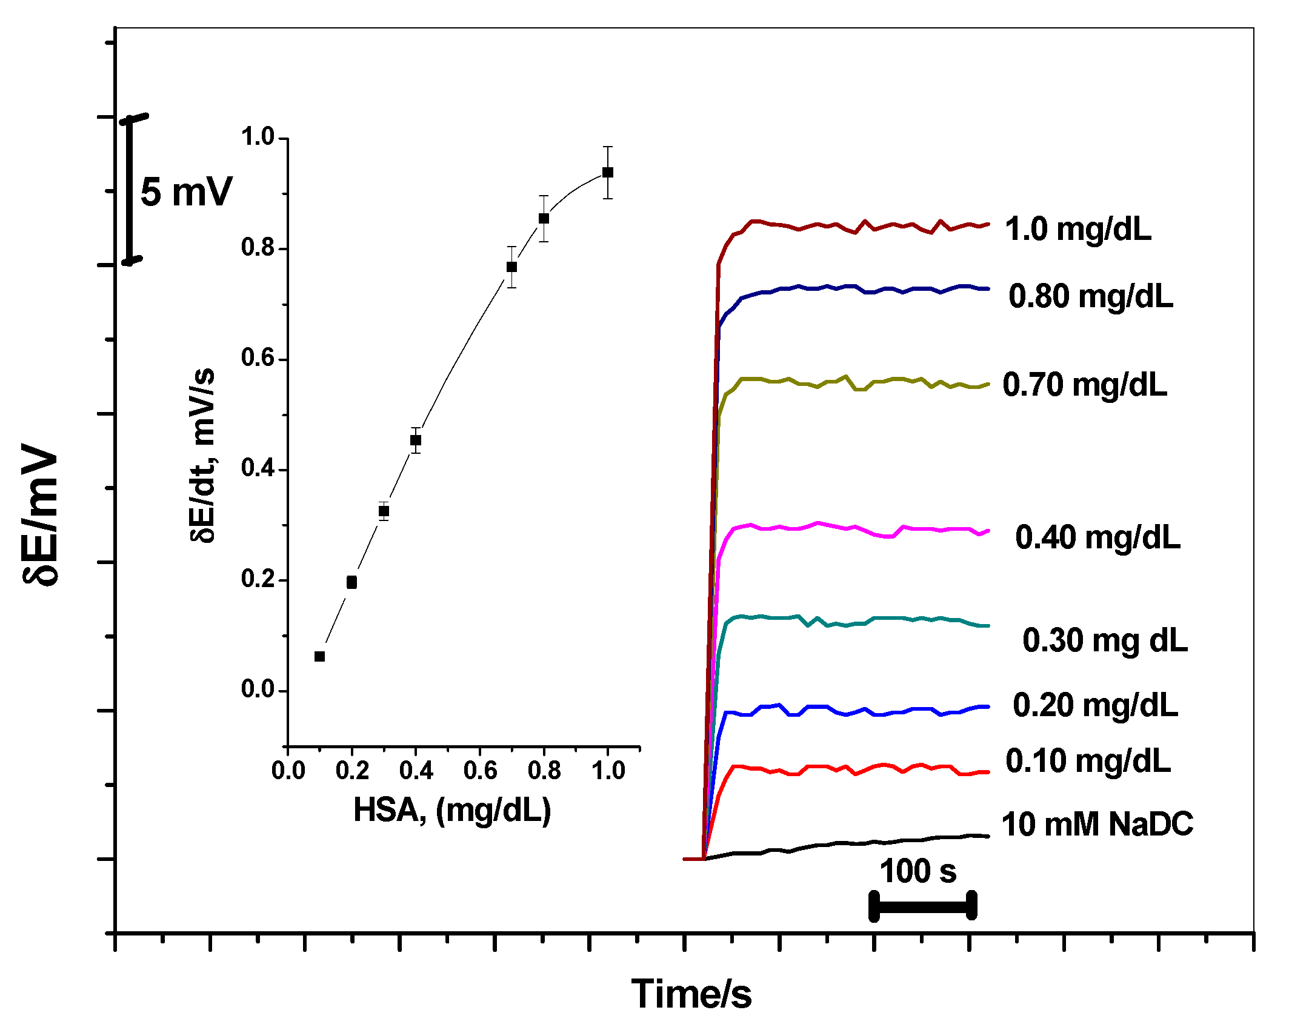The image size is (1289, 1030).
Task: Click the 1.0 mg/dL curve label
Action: point(1077,230)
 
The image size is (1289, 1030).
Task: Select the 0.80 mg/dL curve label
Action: point(1091,297)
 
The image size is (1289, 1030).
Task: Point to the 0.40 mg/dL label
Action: point(1097,537)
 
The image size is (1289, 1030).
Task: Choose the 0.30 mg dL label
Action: point(1105,641)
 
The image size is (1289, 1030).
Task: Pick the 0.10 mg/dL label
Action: point(1088,761)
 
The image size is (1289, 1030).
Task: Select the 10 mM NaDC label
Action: point(1097,825)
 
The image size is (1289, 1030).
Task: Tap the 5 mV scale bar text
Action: point(186,193)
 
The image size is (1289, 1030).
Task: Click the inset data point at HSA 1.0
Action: point(608,173)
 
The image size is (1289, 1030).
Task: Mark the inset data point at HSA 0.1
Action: point(320,657)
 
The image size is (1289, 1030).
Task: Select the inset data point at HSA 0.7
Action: point(511,267)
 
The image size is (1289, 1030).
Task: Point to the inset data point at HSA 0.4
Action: point(416,440)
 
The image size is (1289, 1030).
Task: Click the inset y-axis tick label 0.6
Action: point(258,358)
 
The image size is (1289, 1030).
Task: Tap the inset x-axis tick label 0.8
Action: point(544,771)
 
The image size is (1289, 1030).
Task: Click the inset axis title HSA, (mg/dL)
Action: point(452,811)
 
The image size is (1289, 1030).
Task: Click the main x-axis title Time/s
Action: point(691,994)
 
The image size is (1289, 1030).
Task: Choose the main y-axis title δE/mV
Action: point(41,514)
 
